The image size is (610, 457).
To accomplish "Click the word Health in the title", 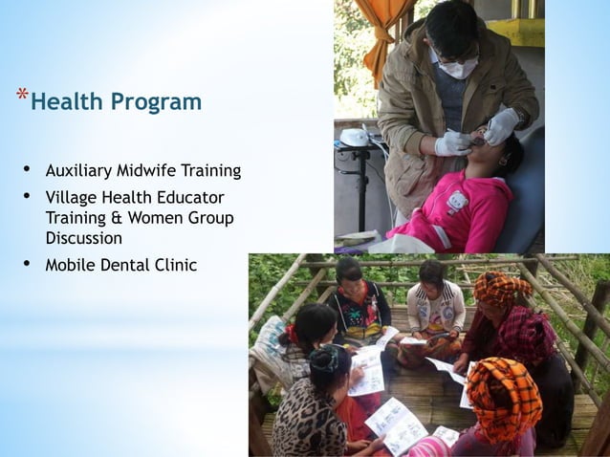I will [x=65, y=101].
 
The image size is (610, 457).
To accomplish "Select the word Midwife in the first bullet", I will [x=147, y=171].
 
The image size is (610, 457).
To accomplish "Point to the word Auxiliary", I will [x=79, y=171].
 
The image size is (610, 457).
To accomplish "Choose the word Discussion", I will [x=84, y=238].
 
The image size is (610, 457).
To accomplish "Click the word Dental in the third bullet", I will [x=129, y=265].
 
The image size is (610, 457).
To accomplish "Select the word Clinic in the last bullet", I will [x=177, y=265].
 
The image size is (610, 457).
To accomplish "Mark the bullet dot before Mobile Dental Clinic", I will [x=27, y=264].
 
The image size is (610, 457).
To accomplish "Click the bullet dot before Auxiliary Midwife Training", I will [x=27, y=170].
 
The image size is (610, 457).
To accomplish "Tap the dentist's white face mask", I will [x=460, y=67].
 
